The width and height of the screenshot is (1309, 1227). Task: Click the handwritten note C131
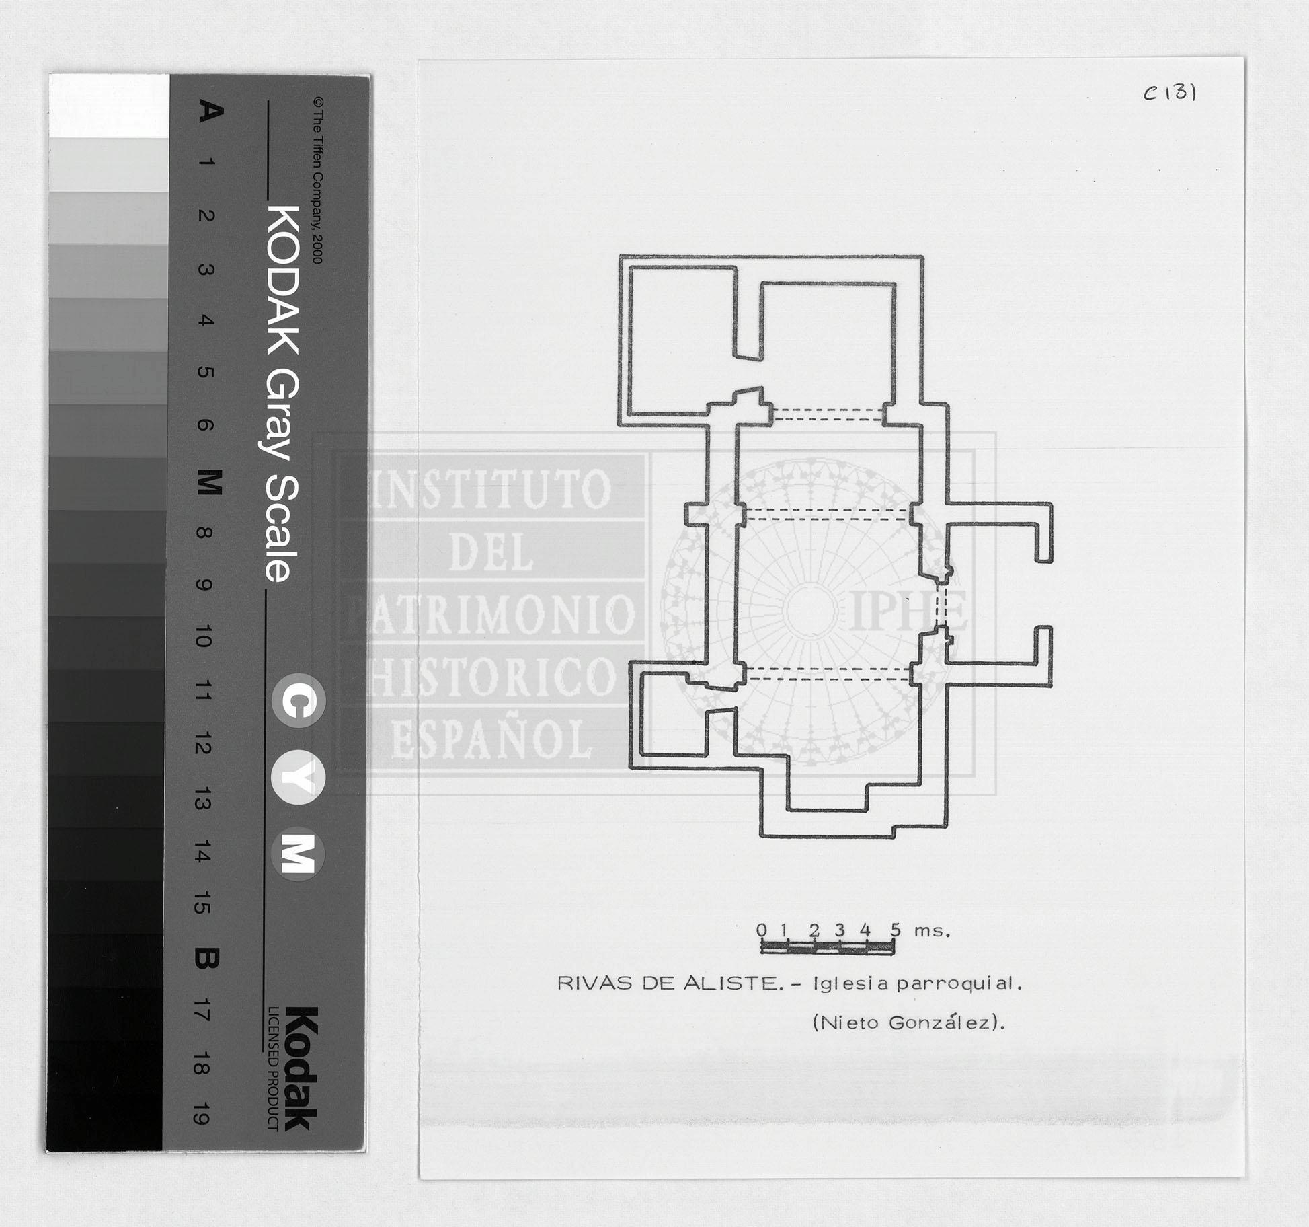tap(1171, 92)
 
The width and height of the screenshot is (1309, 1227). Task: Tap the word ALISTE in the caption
tap(732, 983)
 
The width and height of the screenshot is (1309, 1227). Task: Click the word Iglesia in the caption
tap(852, 983)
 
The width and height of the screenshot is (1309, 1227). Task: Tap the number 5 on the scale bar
tap(895, 930)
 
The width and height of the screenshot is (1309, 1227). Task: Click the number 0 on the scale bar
tap(761, 930)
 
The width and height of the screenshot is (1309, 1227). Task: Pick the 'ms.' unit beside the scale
tap(932, 932)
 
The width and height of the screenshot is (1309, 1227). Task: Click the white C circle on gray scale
tap(299, 700)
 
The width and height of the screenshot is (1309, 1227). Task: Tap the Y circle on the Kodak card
tap(299, 778)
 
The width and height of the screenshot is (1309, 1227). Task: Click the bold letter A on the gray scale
tap(210, 111)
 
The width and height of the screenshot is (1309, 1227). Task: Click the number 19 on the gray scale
tap(200, 1113)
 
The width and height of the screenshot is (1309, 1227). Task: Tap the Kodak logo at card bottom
tap(300, 1068)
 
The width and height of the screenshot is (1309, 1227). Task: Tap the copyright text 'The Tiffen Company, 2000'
tap(318, 181)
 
